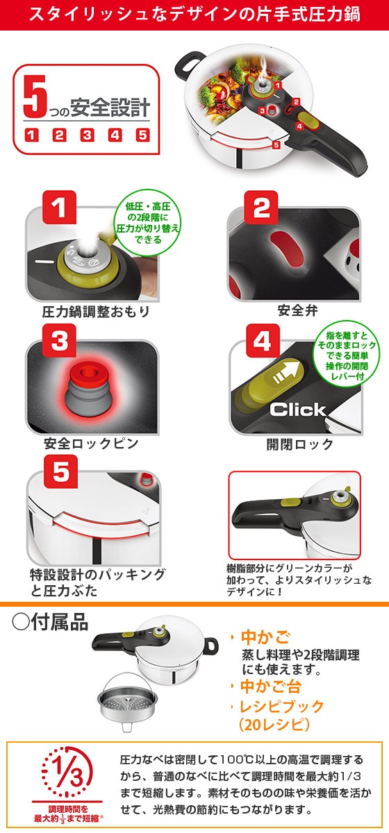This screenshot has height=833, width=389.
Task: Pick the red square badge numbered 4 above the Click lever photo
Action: click(261, 340)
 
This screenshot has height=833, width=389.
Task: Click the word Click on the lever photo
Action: click(297, 410)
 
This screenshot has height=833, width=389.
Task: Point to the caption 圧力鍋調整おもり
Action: click(86, 311)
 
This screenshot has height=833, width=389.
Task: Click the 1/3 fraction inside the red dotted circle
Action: click(62, 770)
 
